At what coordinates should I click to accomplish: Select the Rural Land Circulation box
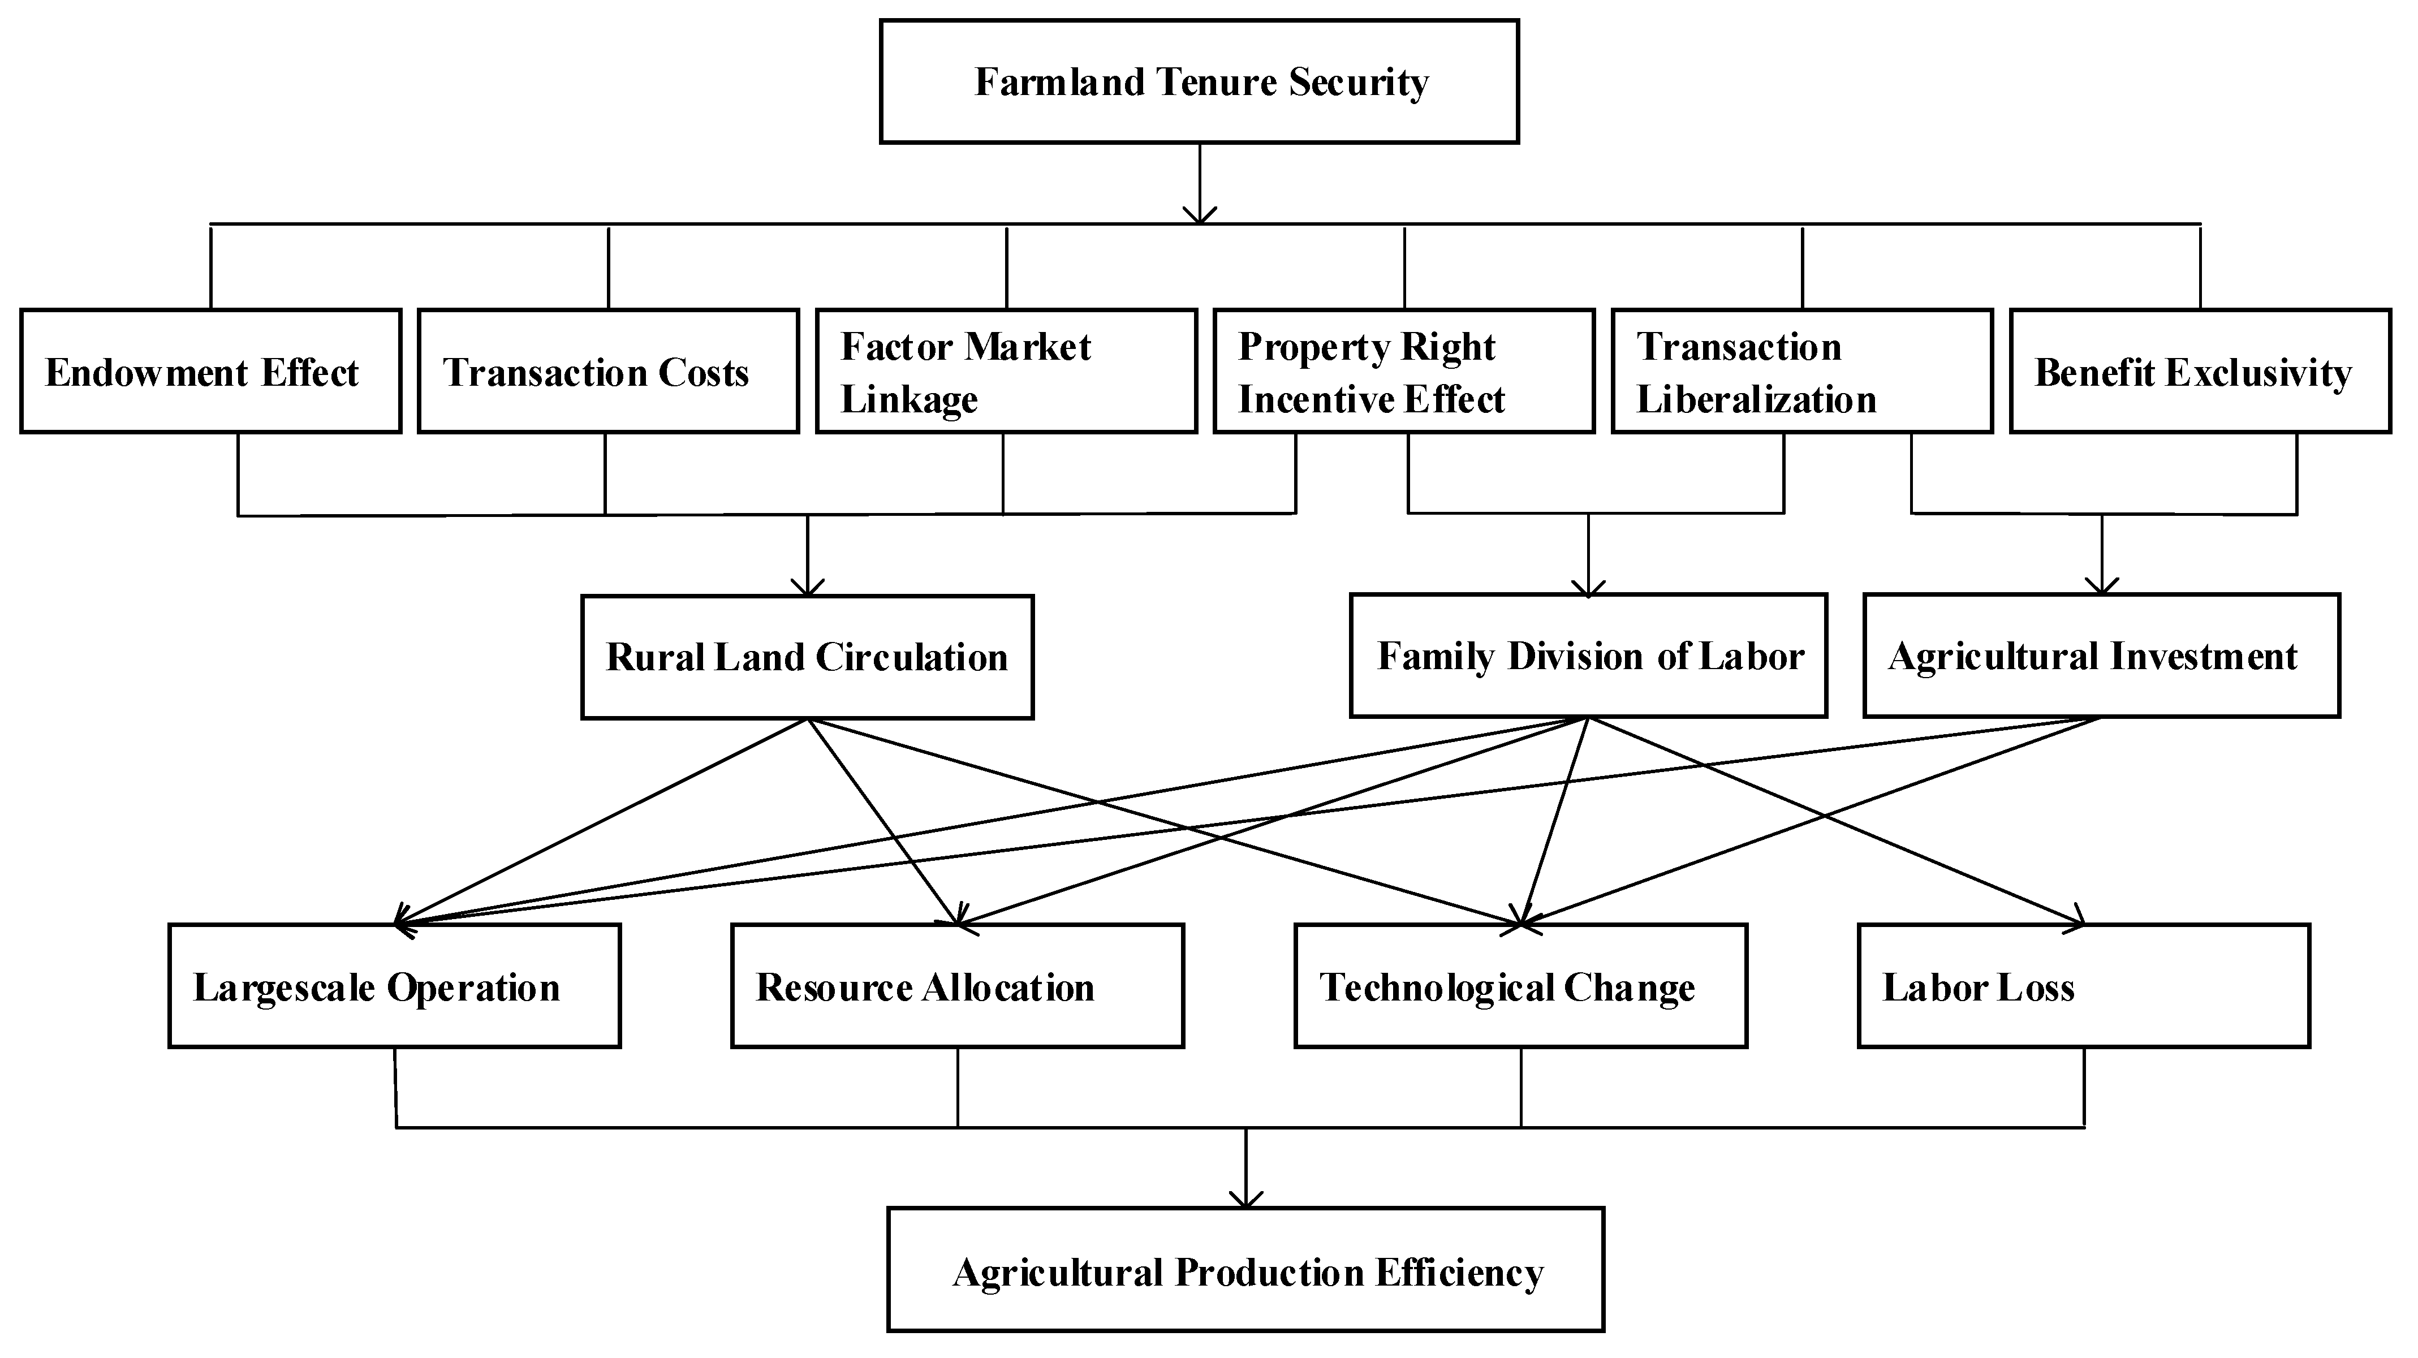point(807,657)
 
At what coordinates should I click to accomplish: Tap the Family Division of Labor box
point(1588,656)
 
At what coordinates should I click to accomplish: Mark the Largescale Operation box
point(394,986)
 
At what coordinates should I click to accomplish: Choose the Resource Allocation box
point(958,986)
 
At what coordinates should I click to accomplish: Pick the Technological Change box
point(1520,986)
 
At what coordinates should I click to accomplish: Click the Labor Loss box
point(2084,986)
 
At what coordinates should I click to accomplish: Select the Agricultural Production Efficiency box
point(1245,1270)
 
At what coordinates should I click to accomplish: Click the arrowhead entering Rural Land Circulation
point(807,588)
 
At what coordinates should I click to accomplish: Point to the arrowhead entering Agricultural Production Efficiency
point(1245,1200)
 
